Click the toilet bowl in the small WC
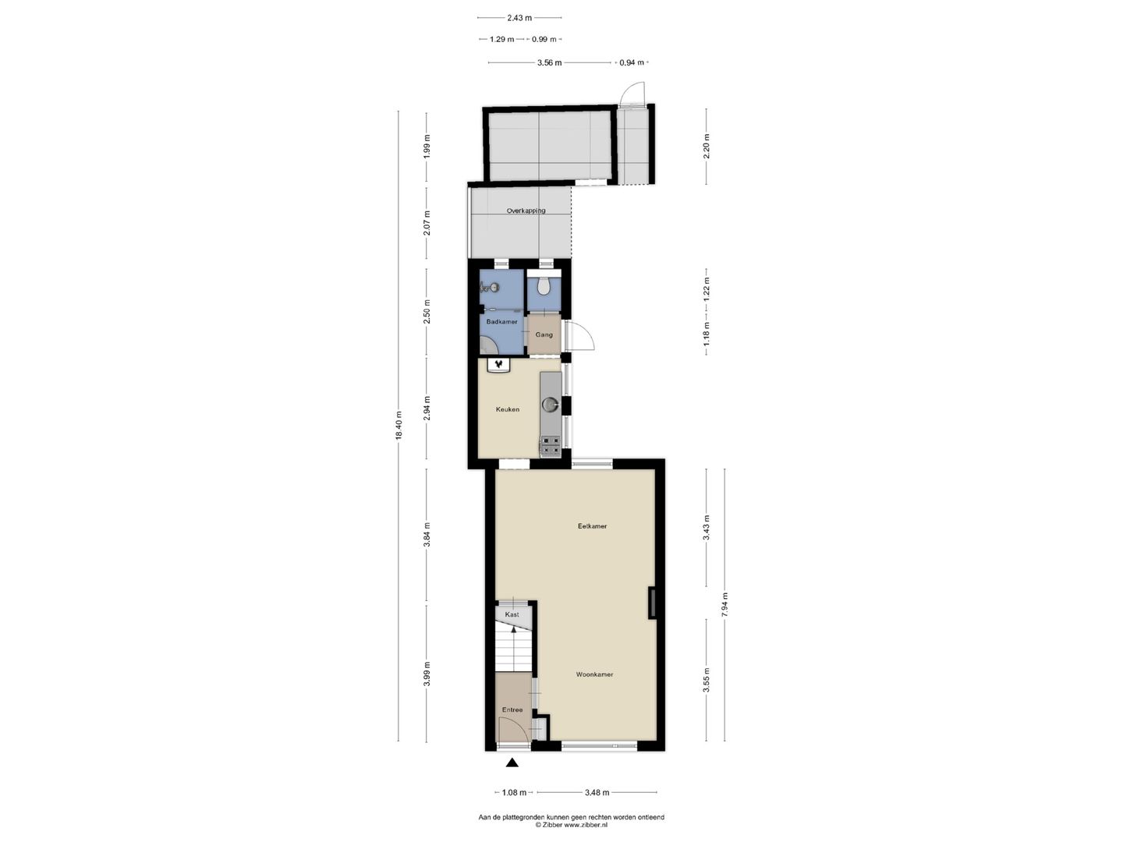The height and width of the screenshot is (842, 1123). [x=545, y=288]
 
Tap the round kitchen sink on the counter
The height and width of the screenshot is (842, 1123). [x=551, y=404]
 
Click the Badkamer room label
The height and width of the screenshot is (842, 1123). [x=501, y=322]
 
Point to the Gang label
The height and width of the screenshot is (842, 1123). [x=544, y=334]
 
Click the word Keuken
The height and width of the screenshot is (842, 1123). [x=508, y=409]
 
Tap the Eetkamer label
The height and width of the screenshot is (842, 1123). [x=592, y=526]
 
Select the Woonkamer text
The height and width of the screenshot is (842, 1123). [x=594, y=674]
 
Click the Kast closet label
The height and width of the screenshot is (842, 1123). [x=512, y=614]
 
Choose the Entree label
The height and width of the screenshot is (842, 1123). [x=512, y=710]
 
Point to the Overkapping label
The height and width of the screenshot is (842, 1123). [x=526, y=210]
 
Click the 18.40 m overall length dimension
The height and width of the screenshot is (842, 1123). [x=399, y=426]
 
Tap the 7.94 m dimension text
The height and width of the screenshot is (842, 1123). [x=724, y=605]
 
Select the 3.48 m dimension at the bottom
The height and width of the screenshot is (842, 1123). [x=597, y=793]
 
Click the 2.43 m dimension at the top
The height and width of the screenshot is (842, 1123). [x=519, y=17]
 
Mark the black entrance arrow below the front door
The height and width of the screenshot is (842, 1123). [x=512, y=764]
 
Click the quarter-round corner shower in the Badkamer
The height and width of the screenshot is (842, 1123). [x=488, y=345]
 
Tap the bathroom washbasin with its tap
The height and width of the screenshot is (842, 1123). [x=490, y=287]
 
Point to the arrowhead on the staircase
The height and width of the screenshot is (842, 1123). [x=512, y=627]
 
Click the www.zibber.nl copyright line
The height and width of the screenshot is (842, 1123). [x=571, y=825]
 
